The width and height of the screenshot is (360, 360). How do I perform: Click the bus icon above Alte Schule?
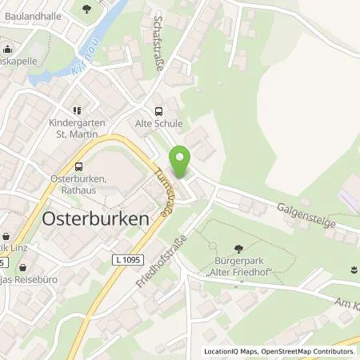pyautogui.click(x=158, y=112)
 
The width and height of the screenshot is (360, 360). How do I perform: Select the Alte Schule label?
pyautogui.click(x=158, y=124)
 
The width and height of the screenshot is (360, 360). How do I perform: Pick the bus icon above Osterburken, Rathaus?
pyautogui.click(x=78, y=167)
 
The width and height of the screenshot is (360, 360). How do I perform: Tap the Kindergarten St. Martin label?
pyautogui.click(x=77, y=129)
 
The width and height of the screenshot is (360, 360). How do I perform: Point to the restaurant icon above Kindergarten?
pyautogui.click(x=78, y=111)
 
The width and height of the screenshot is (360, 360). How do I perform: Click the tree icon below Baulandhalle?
pyautogui.click(x=86, y=9)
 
